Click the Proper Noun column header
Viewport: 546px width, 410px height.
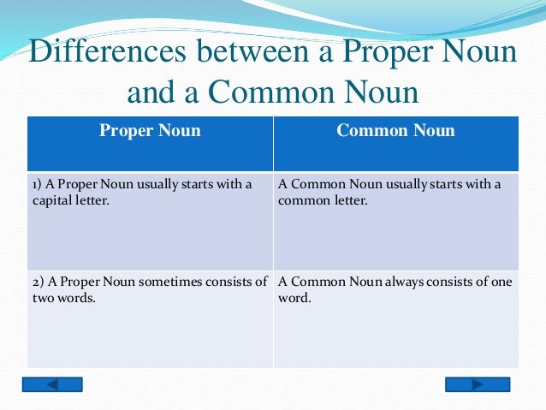pos(150,131)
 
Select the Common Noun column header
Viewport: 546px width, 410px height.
pos(395,131)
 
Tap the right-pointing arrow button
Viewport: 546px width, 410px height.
pos(477,384)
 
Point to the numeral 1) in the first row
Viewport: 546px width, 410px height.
pos(39,185)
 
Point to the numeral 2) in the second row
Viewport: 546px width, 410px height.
pos(39,282)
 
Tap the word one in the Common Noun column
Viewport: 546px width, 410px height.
pos(499,282)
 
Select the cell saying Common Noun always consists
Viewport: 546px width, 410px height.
pos(395,317)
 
